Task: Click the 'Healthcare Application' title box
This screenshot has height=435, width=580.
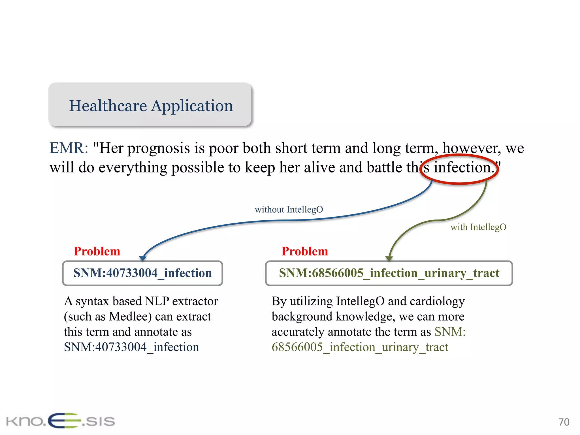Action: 150,105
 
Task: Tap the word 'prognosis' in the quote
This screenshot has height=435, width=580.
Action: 158,149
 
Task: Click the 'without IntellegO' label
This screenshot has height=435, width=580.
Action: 289,210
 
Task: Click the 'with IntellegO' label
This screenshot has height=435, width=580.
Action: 478,227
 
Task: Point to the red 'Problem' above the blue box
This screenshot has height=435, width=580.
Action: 97,251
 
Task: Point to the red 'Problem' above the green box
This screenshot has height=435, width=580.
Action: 304,251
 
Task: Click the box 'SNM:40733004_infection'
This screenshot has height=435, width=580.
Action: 142,273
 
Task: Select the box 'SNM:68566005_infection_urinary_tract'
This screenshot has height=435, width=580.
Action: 389,273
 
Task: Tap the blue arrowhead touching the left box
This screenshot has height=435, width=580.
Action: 143,258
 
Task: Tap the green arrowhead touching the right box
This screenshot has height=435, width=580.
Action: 389,258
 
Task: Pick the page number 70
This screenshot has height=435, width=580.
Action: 564,422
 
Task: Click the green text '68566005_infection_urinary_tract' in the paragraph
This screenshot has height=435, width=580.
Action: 360,347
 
